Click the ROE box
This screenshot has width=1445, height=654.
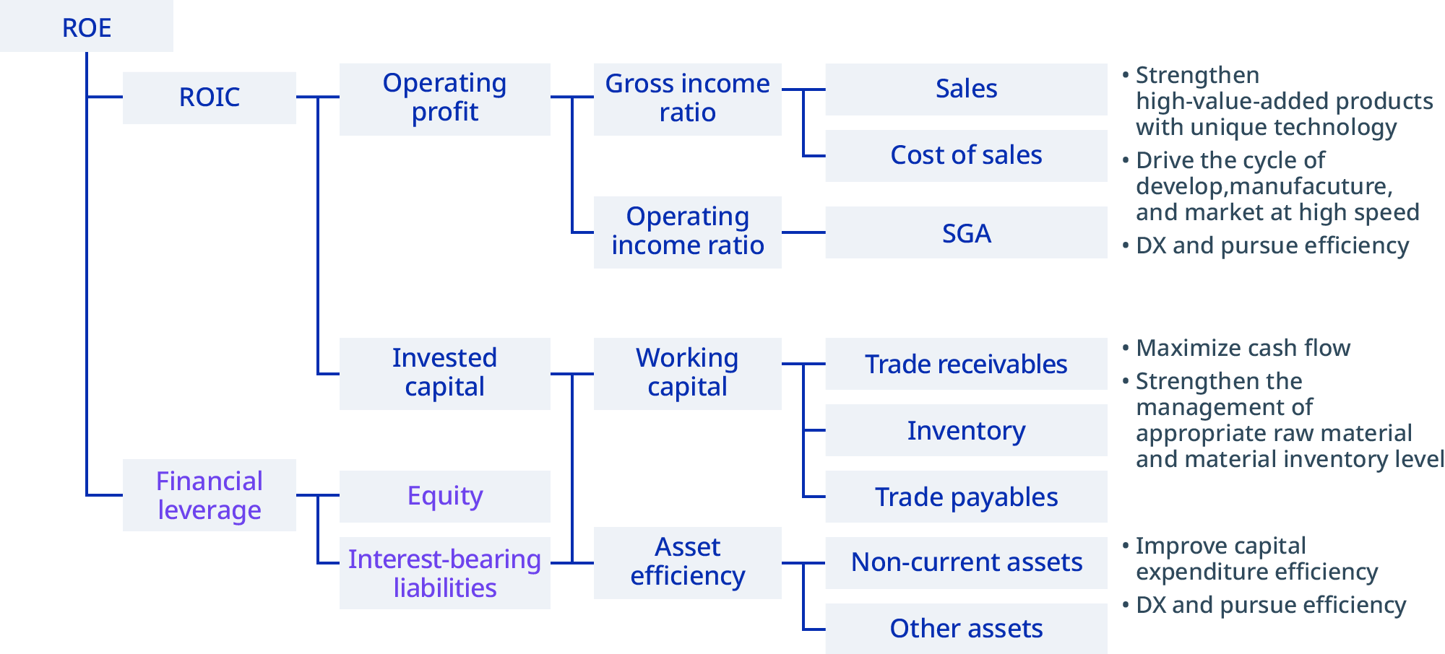(x=87, y=27)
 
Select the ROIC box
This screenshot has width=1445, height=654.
(x=209, y=97)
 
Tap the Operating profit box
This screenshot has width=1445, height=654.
(x=444, y=98)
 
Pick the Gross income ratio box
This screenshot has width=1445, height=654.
(x=687, y=98)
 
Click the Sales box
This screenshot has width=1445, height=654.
(x=966, y=89)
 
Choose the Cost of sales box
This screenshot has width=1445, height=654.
(x=966, y=155)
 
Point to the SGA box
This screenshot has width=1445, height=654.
(x=966, y=233)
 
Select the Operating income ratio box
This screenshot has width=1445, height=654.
(x=687, y=232)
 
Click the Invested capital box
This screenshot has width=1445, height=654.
(x=444, y=373)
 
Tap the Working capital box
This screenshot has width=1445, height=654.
(x=687, y=373)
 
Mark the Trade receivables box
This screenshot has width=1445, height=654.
(x=966, y=365)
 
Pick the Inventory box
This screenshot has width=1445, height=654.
(x=966, y=431)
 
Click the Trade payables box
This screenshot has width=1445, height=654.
(x=966, y=497)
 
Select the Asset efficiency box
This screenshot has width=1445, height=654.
(x=687, y=562)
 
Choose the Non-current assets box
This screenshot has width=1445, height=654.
(x=966, y=562)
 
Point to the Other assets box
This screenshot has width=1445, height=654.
(x=966, y=629)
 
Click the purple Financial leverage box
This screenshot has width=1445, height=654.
(x=209, y=496)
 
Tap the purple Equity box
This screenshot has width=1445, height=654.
(x=444, y=496)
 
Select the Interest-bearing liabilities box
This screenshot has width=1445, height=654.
(x=444, y=574)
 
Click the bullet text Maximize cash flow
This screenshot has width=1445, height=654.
(x=1243, y=348)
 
